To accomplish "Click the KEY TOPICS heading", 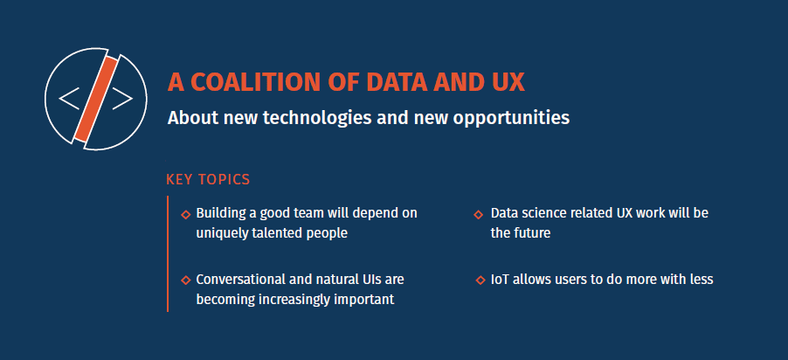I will point(208,180).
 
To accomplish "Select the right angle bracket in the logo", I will point(123,98).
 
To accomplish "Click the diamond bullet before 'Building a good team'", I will point(185,214).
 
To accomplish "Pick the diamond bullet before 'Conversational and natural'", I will point(185,280).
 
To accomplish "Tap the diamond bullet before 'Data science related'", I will point(479,214).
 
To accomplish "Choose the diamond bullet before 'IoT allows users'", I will point(480,280).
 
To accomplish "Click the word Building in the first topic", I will point(221,213).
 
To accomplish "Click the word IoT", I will point(500,280).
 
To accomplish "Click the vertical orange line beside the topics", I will point(167,253).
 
